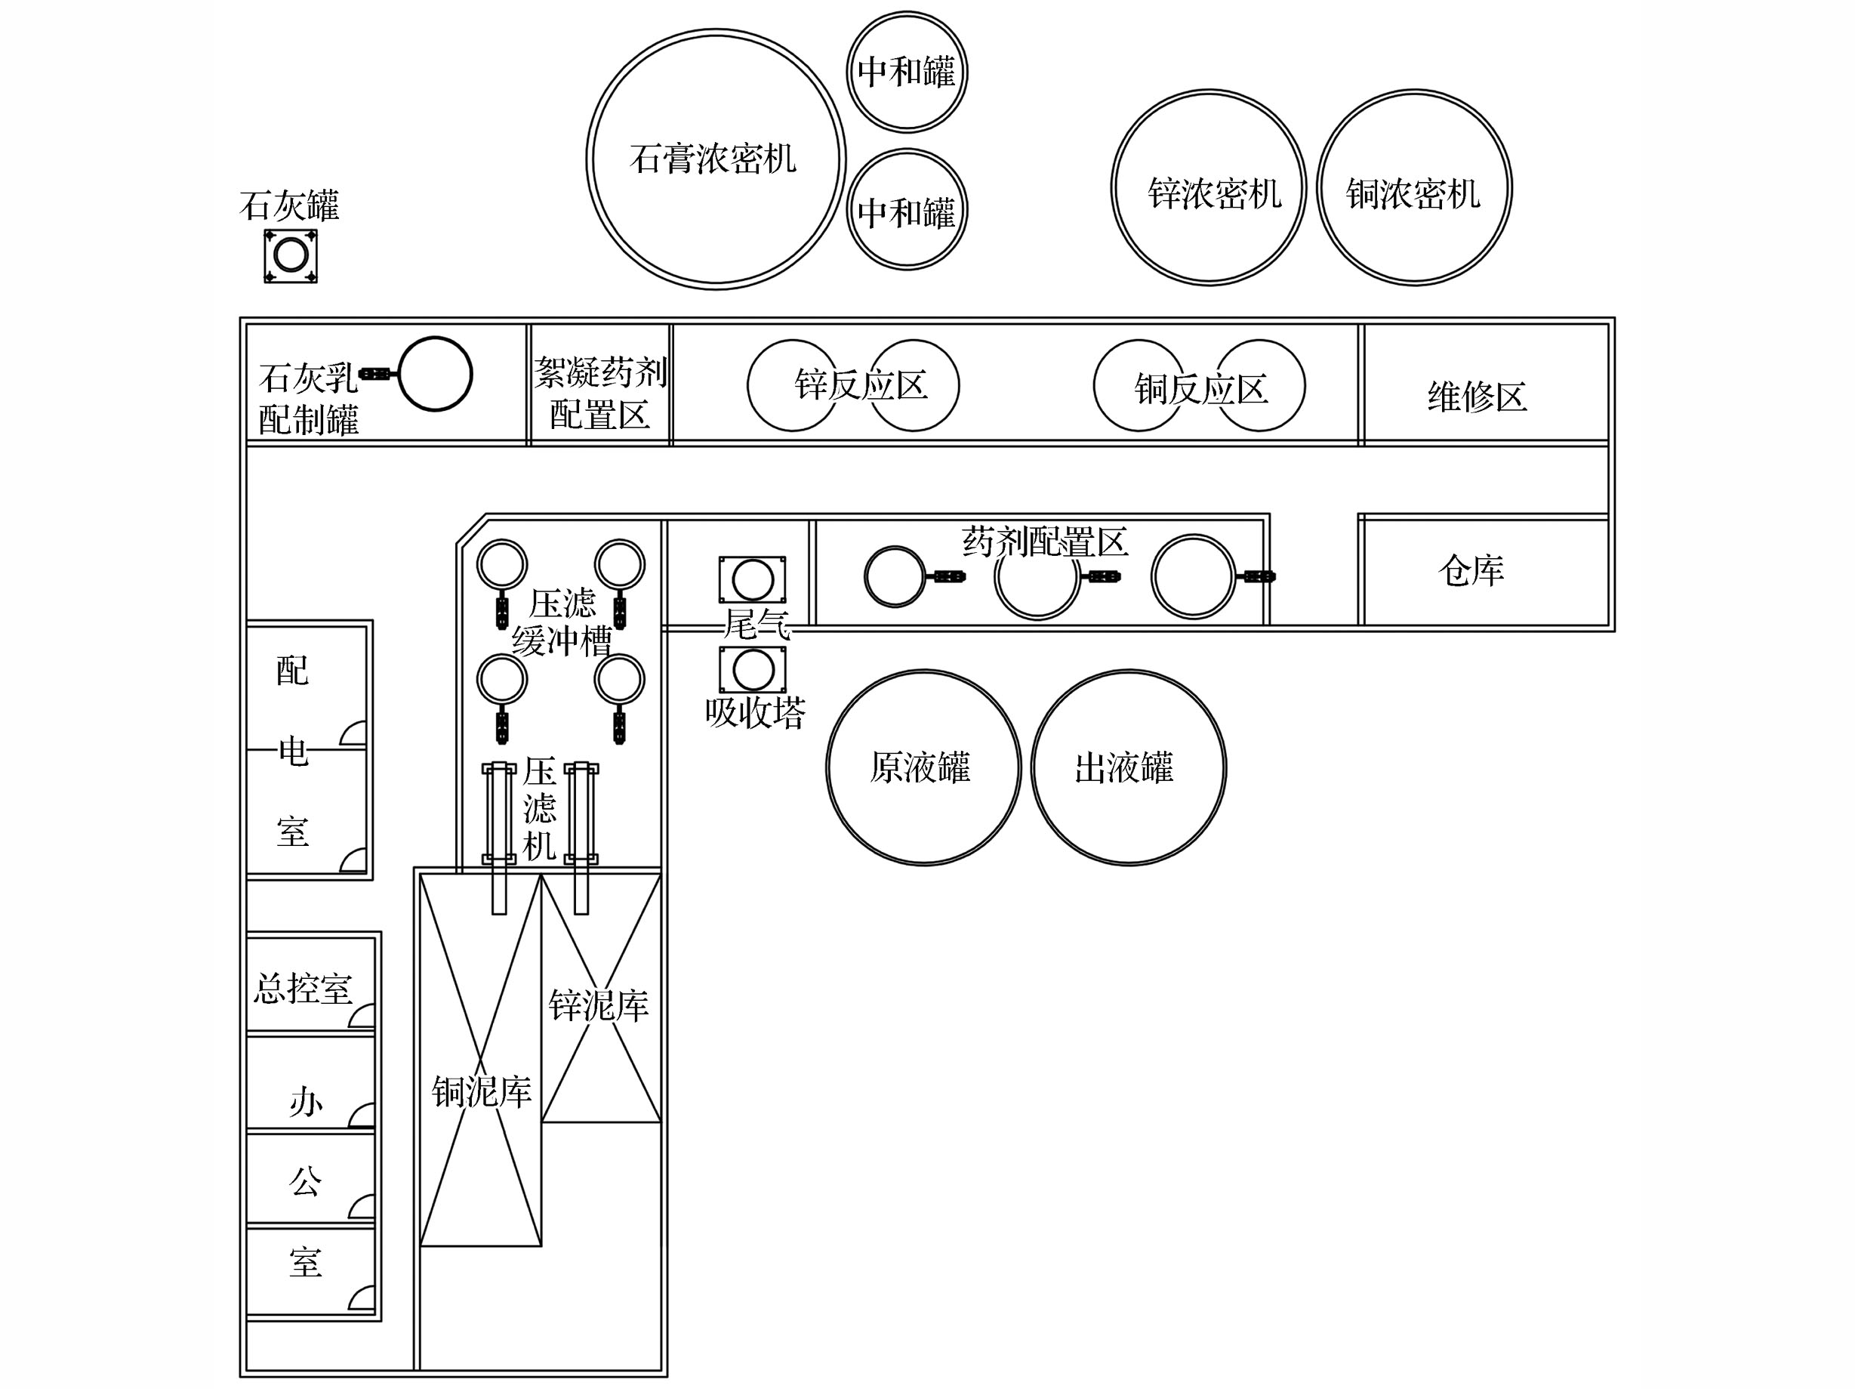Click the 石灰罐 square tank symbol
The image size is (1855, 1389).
coord(290,255)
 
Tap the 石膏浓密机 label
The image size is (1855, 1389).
coord(712,159)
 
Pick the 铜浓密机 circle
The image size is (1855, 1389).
coord(1414,187)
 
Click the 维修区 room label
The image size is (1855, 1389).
coord(1477,397)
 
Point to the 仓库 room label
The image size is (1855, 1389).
coord(1471,570)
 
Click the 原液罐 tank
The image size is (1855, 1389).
coord(923,767)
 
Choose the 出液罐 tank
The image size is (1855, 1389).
coord(1128,767)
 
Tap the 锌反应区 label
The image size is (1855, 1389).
coord(861,385)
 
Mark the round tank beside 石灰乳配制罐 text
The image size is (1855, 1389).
coord(434,374)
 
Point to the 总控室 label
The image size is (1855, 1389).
coord(303,988)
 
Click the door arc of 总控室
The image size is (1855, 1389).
coord(362,1016)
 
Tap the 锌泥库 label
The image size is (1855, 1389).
coord(598,1005)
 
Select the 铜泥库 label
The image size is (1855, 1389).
coord(482,1091)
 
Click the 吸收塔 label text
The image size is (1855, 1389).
coord(755,712)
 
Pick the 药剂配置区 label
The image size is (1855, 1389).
coord(1044,542)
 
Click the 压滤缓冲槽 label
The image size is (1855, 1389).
coord(562,622)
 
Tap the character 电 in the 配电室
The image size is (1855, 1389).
coord(293,751)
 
